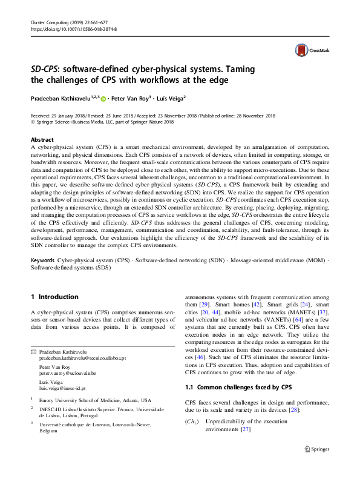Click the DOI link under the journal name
click(x=73, y=29)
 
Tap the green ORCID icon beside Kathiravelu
click(x=103, y=97)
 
